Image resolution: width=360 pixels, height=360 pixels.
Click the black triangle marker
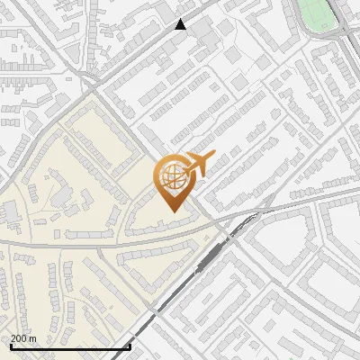click(x=181, y=25)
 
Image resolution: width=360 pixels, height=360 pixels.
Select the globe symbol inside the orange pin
click(x=171, y=177)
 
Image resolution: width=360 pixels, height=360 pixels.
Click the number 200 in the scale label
click(x=19, y=338)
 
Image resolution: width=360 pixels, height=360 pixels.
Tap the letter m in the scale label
click(x=32, y=338)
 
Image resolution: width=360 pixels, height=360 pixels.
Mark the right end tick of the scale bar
click(x=130, y=345)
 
